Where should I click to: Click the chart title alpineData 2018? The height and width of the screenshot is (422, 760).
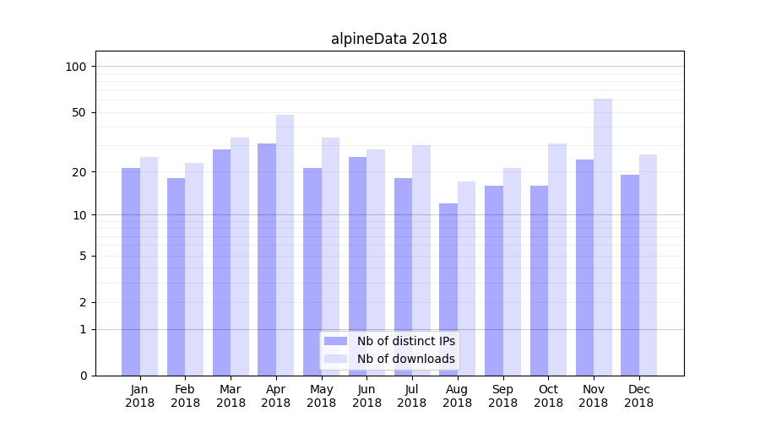pyautogui.click(x=388, y=39)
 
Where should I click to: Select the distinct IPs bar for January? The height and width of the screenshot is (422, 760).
pyautogui.click(x=131, y=270)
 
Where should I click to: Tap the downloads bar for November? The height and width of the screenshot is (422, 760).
pyautogui.click(x=603, y=236)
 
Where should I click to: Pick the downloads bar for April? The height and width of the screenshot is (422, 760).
pyautogui.click(x=285, y=245)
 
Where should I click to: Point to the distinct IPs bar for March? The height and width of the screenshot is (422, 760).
pyautogui.click(x=221, y=262)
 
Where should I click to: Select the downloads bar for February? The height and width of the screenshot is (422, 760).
pyautogui.click(x=194, y=268)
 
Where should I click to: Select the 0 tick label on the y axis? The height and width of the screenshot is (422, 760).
pyautogui.click(x=83, y=376)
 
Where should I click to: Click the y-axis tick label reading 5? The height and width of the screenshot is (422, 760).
pyautogui.click(x=83, y=256)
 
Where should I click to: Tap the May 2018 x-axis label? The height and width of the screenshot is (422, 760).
pyautogui.click(x=322, y=396)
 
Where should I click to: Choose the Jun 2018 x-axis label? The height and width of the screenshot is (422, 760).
pyautogui.click(x=366, y=396)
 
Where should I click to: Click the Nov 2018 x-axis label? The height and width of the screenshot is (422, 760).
pyautogui.click(x=594, y=396)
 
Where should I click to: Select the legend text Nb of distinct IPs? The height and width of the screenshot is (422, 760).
pyautogui.click(x=406, y=341)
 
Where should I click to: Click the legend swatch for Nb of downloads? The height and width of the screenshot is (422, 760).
pyautogui.click(x=336, y=359)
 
